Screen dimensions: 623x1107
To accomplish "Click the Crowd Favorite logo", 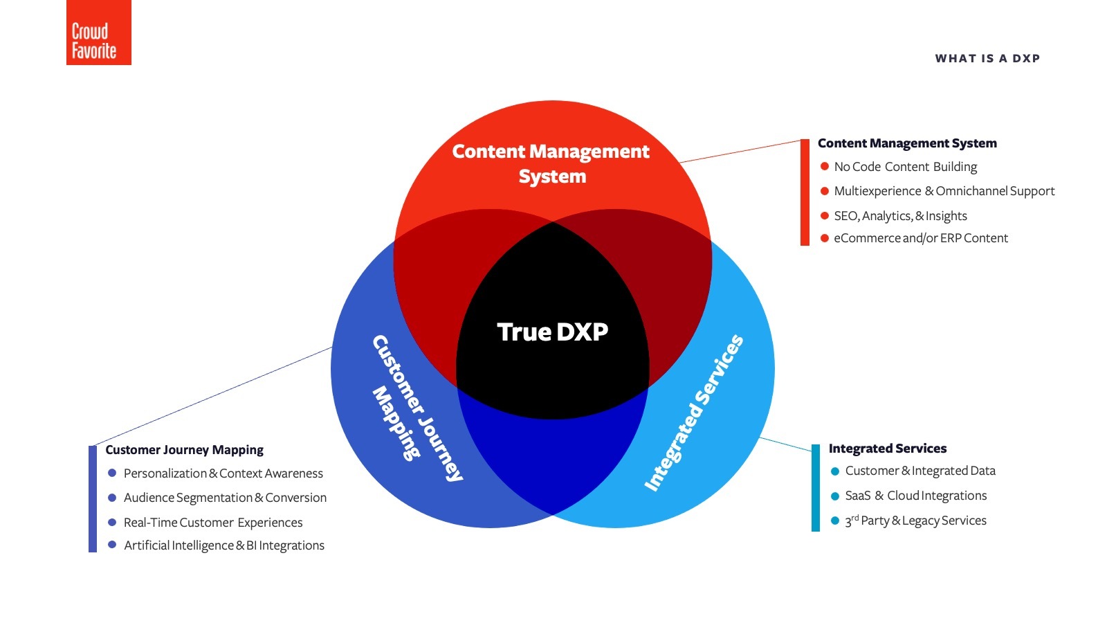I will pyautogui.click(x=98, y=33).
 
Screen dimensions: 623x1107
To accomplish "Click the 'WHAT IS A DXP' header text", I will pyautogui.click(x=987, y=59).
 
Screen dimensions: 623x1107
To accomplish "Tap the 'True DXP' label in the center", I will pyautogui.click(x=552, y=332).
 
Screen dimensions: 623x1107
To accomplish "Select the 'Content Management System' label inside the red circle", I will pyautogui.click(x=551, y=163).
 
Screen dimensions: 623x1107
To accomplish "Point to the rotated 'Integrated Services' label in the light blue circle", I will pyautogui.click(x=694, y=413).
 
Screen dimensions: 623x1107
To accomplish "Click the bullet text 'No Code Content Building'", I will pyautogui.click(x=905, y=167).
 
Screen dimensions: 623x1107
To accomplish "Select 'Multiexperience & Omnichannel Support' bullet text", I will pyautogui.click(x=944, y=191).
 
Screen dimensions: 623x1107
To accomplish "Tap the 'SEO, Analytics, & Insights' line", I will pyautogui.click(x=900, y=216).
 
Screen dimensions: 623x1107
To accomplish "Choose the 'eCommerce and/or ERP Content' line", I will pyautogui.click(x=920, y=238).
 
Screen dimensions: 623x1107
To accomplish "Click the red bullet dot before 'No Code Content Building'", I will pyautogui.click(x=825, y=166).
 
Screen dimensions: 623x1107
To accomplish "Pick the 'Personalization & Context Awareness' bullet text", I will pyautogui.click(x=223, y=473).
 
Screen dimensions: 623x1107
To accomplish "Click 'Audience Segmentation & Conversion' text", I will pyautogui.click(x=225, y=498).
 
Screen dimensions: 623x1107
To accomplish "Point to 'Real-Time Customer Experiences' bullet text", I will pyautogui.click(x=213, y=523).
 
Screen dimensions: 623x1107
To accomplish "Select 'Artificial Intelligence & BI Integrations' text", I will pyautogui.click(x=223, y=545).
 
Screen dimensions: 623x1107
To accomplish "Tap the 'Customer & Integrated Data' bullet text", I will pyautogui.click(x=920, y=471).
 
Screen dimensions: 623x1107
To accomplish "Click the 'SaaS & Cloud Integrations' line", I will pyautogui.click(x=915, y=496).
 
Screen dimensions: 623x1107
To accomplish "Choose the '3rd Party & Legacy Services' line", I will pyautogui.click(x=915, y=521).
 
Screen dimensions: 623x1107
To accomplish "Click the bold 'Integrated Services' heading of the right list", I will pyautogui.click(x=887, y=449).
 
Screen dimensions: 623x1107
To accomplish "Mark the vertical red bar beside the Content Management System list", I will pyautogui.click(x=805, y=192).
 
